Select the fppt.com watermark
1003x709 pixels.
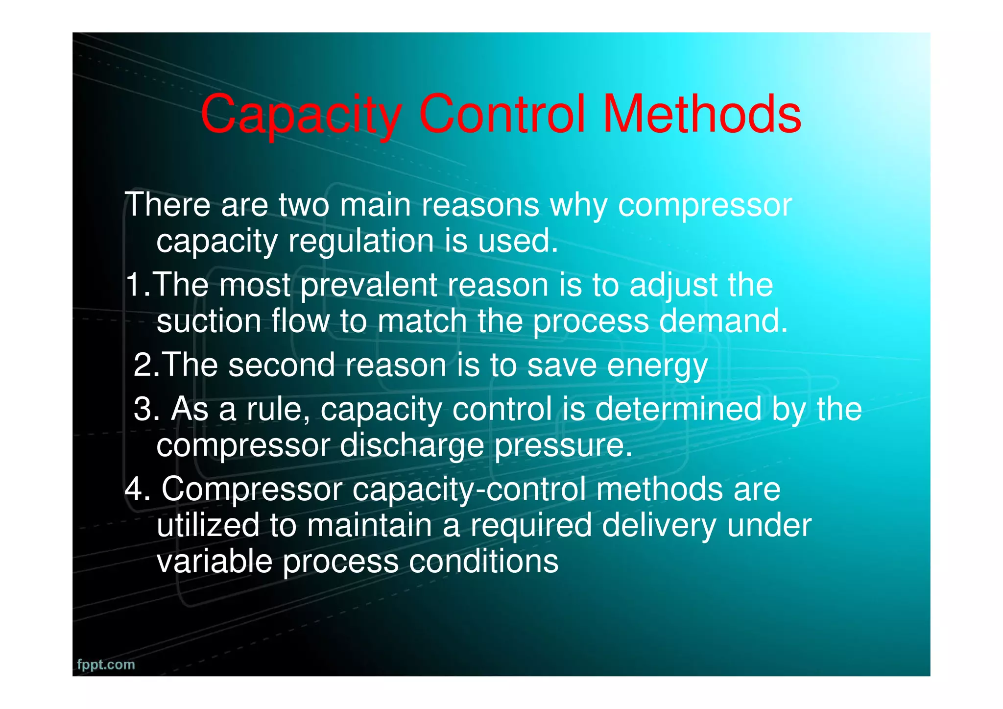click(x=106, y=664)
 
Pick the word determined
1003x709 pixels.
click(x=678, y=409)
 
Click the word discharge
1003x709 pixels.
click(x=411, y=446)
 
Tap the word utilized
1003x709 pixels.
click(x=208, y=525)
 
